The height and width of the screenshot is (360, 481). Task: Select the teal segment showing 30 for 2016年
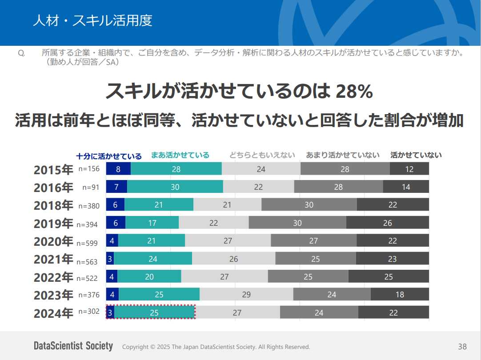tap(175, 187)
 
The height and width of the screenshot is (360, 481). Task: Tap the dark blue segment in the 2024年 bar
tap(110, 312)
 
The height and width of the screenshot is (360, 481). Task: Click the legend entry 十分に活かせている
tap(109, 156)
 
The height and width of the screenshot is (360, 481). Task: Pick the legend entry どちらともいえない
tap(262, 155)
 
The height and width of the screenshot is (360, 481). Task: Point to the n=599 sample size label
tap(87, 243)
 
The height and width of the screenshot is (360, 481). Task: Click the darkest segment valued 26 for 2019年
tap(387, 223)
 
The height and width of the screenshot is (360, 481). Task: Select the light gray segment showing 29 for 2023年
tap(246, 294)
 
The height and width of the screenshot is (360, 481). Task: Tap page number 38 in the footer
tap(462, 346)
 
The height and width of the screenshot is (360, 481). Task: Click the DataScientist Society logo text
tap(73, 346)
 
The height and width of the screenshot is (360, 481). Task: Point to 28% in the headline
tap(354, 92)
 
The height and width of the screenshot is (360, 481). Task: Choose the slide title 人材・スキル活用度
tap(92, 21)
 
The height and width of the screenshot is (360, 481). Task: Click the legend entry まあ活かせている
tap(180, 155)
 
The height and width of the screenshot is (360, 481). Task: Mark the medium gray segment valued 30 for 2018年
tap(309, 204)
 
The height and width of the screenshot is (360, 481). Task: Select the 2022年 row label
tap(53, 277)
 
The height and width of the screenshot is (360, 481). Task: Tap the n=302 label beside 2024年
tap(89, 312)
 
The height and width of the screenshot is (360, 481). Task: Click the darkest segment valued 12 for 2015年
tap(409, 169)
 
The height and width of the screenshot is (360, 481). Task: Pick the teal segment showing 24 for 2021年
tap(153, 259)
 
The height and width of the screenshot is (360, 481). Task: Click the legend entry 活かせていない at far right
tap(416, 155)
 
